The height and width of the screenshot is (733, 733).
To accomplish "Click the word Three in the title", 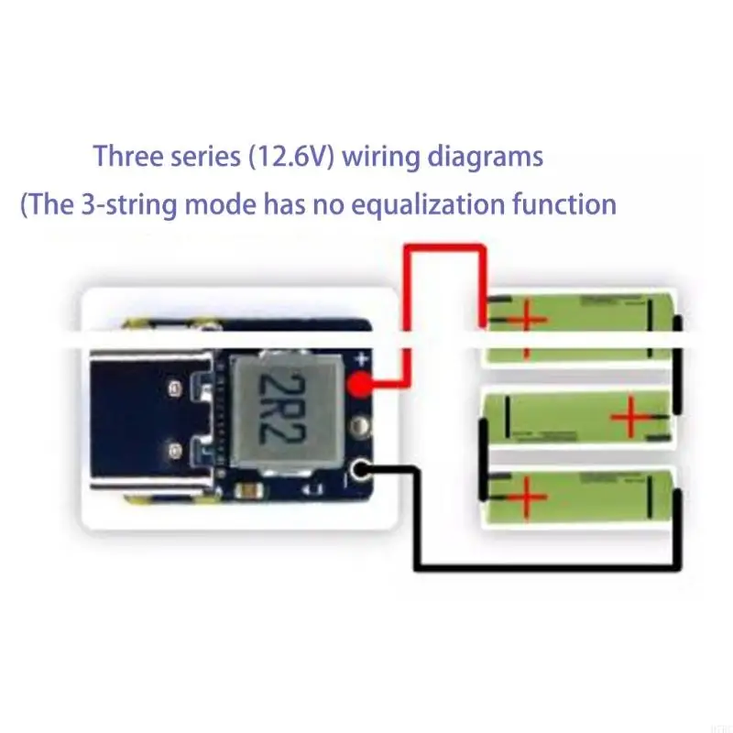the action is click(127, 156).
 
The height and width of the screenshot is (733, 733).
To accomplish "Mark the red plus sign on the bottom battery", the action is click(523, 501).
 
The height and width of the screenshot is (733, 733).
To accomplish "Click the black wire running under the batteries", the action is click(550, 565).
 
